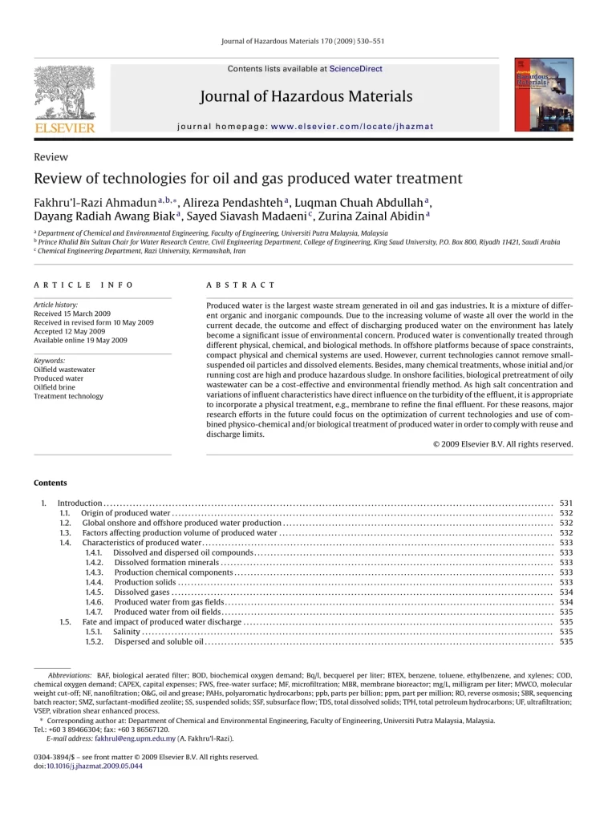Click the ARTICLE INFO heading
click(83, 285)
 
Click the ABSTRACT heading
click(241, 285)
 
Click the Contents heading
click(51, 483)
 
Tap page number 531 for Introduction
click(565, 503)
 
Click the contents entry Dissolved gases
click(141, 592)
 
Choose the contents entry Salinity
click(126, 631)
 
